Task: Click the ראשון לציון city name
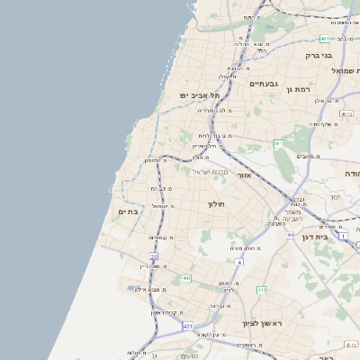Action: click(262, 322)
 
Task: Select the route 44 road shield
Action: click(290, 235)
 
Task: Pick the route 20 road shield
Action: click(141, 256)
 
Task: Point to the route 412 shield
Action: click(262, 290)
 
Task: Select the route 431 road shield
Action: click(187, 325)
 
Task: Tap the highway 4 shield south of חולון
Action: click(240, 262)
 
